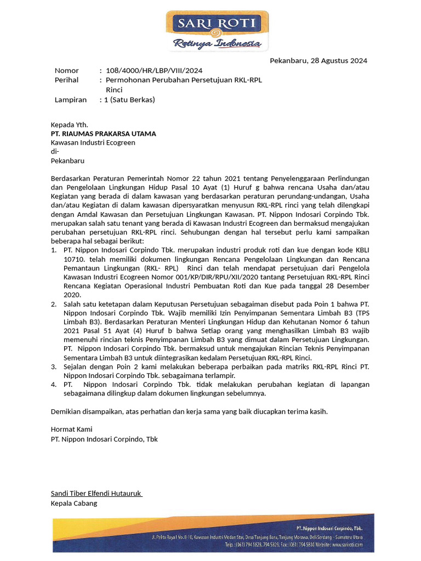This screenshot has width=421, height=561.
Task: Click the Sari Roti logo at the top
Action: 217,24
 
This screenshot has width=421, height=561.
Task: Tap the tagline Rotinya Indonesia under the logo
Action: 217,44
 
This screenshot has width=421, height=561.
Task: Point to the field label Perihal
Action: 66,80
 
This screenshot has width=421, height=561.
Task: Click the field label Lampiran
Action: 71,100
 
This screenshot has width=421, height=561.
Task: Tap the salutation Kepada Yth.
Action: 69,124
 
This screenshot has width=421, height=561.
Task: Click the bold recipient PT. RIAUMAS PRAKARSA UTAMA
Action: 103,134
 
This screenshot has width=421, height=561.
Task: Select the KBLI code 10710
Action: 74,259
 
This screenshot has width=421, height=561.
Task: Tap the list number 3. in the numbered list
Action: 54,367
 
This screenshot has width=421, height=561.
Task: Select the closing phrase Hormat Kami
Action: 71,429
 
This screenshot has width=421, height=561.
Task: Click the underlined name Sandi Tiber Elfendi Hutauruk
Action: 96,493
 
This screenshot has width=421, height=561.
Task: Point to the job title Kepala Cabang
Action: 73,503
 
